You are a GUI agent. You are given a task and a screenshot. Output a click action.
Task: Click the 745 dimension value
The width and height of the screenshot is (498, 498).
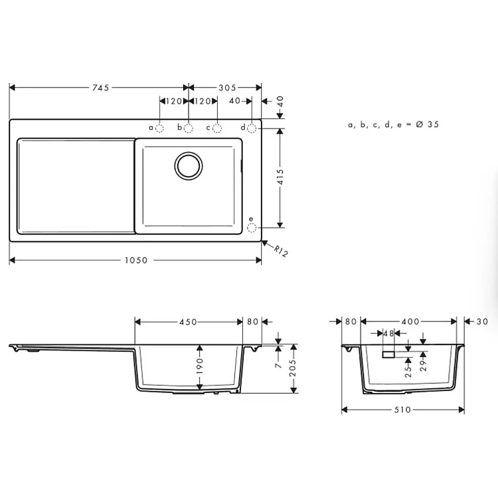pyautogui.click(x=101, y=88)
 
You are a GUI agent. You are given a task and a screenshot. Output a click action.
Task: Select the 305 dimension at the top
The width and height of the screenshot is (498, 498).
pyautogui.click(x=227, y=88)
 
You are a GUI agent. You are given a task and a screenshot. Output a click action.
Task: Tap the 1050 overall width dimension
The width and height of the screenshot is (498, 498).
pyautogui.click(x=136, y=260)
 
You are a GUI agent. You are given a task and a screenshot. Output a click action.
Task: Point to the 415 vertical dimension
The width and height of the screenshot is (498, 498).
pyautogui.click(x=280, y=177)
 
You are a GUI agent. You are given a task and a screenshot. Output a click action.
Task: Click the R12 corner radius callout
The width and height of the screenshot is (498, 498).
pyautogui.click(x=281, y=251)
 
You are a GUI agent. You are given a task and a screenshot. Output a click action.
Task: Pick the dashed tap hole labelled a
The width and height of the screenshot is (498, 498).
pyautogui.click(x=159, y=128)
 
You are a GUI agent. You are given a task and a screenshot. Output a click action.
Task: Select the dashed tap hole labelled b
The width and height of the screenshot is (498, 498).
pyautogui.click(x=189, y=128)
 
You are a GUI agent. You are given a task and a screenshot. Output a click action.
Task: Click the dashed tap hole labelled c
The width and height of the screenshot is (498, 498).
pyautogui.click(x=217, y=128)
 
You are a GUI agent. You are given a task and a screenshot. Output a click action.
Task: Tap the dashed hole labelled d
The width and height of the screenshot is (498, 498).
pyautogui.click(x=252, y=128)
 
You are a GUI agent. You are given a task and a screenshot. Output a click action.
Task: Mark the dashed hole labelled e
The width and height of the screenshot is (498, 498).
pyautogui.click(x=252, y=227)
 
